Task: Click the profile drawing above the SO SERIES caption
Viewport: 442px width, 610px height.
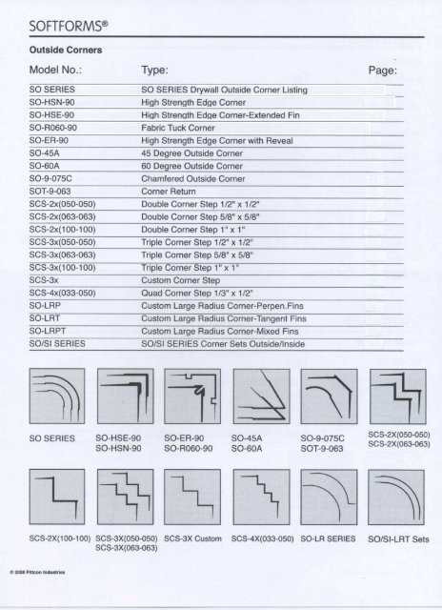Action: point(53,391)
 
